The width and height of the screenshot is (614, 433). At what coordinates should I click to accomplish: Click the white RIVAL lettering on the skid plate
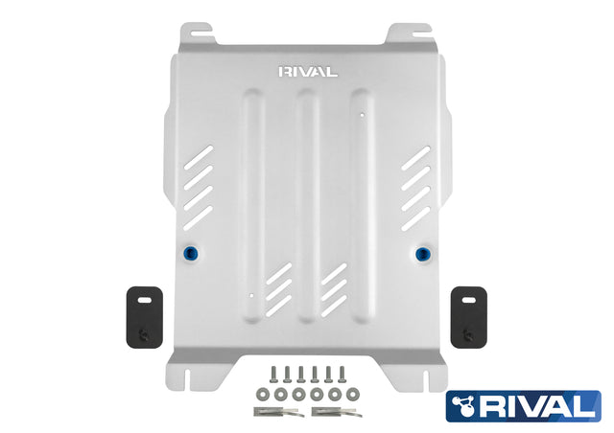(x=308, y=72)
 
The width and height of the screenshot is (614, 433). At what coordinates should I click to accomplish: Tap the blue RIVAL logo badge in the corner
(x=523, y=406)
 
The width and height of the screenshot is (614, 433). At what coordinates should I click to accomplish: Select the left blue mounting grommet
(x=192, y=254)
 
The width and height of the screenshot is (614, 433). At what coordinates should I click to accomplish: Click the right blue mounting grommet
(x=422, y=254)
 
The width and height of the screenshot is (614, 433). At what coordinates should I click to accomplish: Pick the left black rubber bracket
(x=145, y=317)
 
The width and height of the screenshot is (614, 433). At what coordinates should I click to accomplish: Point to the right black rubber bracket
(x=469, y=317)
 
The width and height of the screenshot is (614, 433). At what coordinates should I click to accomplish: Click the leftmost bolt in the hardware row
(x=272, y=375)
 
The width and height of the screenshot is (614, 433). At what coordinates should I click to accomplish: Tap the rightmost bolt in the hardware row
(x=342, y=375)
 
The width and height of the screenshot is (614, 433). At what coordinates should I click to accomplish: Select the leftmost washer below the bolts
(x=263, y=395)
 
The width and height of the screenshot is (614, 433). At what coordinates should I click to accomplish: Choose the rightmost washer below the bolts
(x=353, y=395)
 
